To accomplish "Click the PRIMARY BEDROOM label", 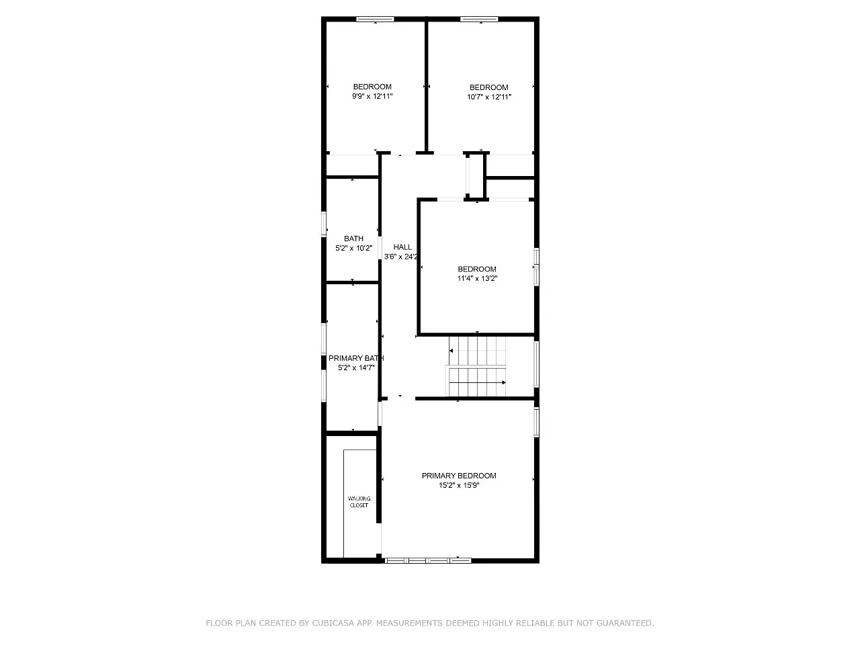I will tap(459, 476).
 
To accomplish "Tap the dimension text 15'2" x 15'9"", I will tap(459, 485).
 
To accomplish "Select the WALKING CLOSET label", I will tap(359, 502).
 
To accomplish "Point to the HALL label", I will tap(402, 247).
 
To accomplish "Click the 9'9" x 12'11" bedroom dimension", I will tap(372, 96).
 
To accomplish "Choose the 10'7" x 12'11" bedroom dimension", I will tap(488, 97).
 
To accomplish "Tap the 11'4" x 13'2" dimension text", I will tap(477, 278).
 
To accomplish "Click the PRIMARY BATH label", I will tap(355, 358).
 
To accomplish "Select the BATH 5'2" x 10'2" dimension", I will tap(353, 248).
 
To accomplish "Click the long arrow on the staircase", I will tap(477, 382).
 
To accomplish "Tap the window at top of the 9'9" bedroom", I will tap(375, 19).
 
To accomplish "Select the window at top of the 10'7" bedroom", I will tap(479, 19).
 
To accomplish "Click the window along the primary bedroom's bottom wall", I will tap(428, 559).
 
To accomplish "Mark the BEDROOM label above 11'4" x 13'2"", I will tap(477, 269).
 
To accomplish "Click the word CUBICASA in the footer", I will tap(333, 623).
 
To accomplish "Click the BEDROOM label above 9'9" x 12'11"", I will tap(372, 87).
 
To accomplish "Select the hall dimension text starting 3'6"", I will tap(401, 257).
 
